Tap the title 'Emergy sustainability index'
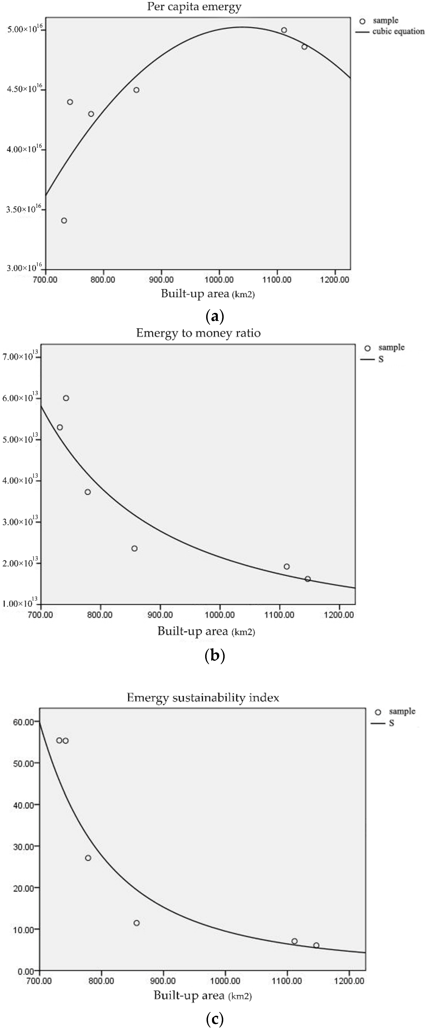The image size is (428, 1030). (x=203, y=698)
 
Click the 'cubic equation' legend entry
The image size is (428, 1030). (x=398, y=31)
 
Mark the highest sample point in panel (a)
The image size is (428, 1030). (x=284, y=30)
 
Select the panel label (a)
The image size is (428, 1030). (x=214, y=316)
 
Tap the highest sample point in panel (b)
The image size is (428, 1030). (x=66, y=398)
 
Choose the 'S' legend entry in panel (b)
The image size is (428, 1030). (x=381, y=359)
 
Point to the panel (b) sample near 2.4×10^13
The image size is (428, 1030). (x=134, y=548)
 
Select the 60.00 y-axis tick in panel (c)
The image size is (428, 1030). (x=23, y=722)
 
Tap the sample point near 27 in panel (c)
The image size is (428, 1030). (x=88, y=858)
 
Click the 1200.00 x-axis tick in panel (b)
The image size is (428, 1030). (x=339, y=615)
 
